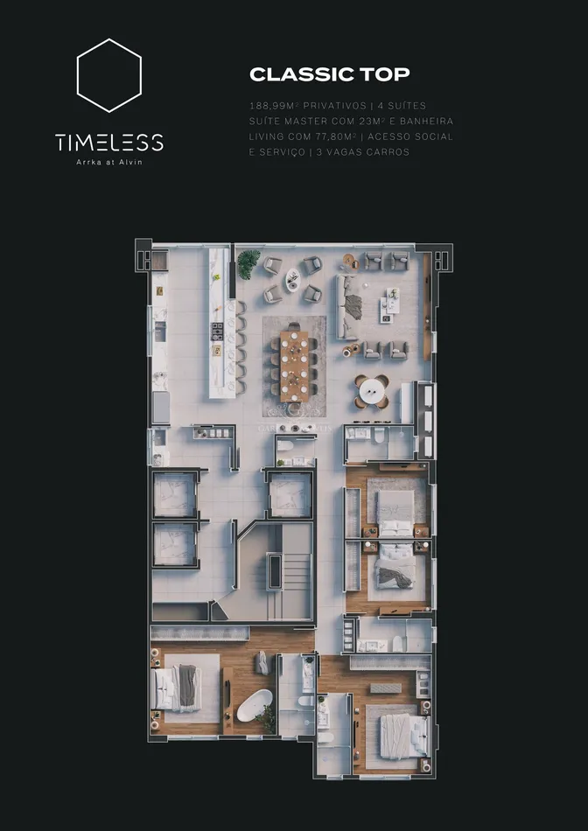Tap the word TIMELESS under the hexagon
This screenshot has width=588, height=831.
point(109,143)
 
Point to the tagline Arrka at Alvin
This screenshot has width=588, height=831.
point(109,162)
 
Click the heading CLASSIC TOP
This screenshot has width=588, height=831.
point(329,74)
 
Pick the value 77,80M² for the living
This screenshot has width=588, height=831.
point(336,136)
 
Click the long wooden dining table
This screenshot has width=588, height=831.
point(294,367)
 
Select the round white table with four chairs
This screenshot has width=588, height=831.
point(371,392)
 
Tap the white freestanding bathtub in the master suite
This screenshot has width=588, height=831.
point(255,705)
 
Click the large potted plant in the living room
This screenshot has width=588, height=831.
point(248,263)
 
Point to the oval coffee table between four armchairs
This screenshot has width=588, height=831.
point(292,279)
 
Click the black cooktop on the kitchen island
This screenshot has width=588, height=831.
point(217,332)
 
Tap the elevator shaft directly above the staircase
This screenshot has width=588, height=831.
point(290,494)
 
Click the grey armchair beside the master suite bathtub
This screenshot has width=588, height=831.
point(262,663)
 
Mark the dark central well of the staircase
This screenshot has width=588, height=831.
point(275,570)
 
